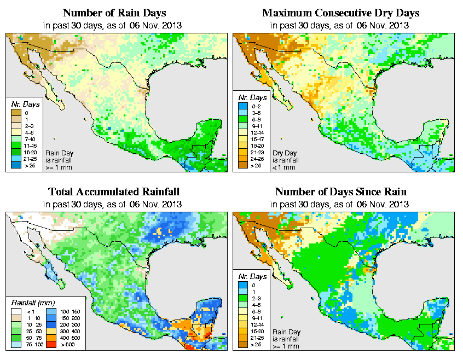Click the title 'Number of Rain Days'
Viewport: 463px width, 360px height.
coord(115,13)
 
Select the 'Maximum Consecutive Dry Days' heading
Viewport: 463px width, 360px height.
coord(340,13)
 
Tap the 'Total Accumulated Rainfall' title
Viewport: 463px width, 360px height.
coord(114,191)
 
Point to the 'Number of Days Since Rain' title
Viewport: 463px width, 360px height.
coord(340,191)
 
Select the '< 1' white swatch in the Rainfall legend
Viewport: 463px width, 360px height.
coord(15,310)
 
